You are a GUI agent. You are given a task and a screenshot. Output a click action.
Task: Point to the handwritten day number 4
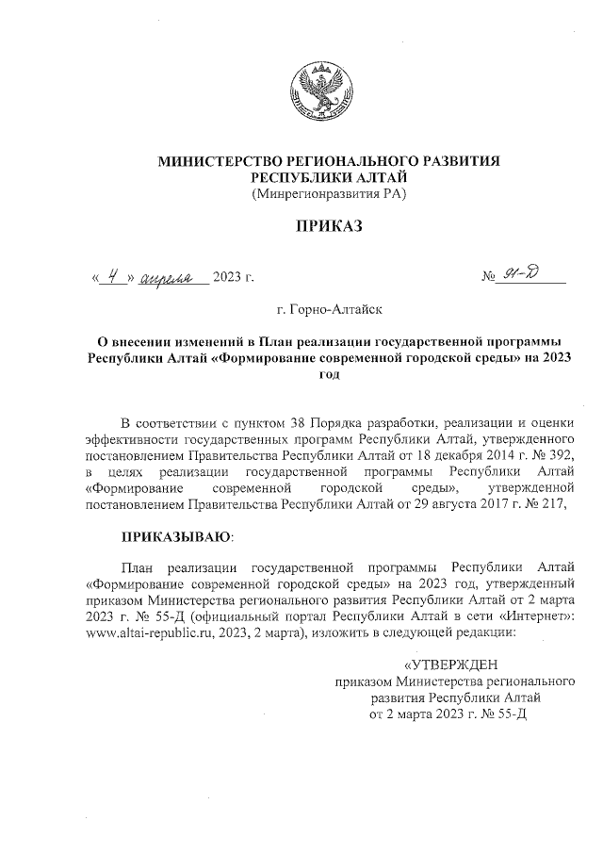pos(113,276)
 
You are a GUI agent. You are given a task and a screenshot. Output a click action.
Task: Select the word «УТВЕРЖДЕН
pos(454,664)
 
